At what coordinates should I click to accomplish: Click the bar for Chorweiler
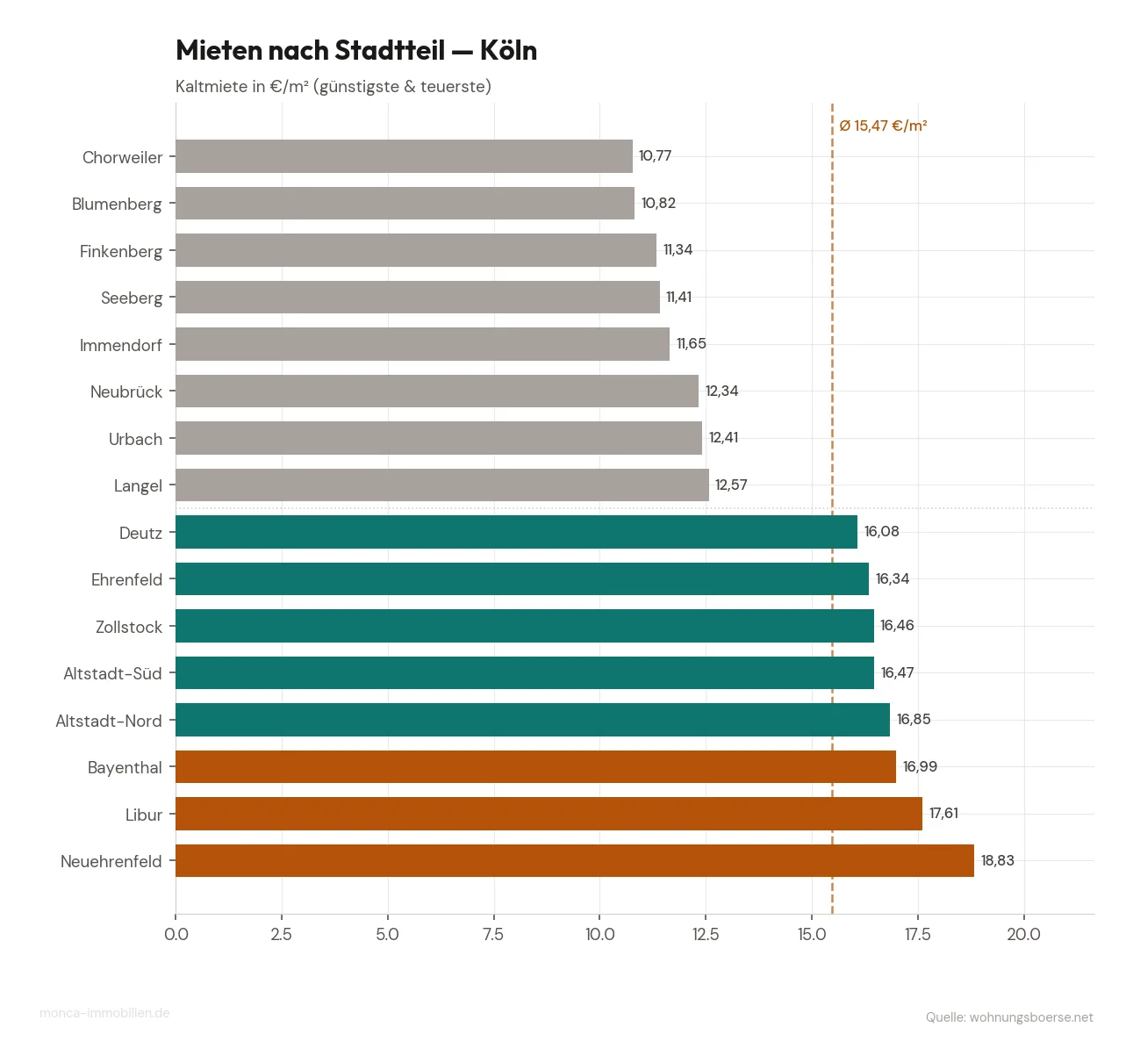[x=404, y=156]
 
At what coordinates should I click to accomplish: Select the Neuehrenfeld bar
[x=575, y=860]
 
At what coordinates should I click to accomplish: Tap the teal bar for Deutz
[x=516, y=532]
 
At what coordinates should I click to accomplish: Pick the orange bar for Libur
[x=549, y=814]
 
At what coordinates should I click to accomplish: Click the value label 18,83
[x=997, y=860]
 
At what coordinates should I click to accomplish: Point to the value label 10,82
[x=658, y=203]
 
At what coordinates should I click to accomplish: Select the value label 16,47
[x=897, y=672]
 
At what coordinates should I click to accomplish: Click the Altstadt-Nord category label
[x=109, y=721]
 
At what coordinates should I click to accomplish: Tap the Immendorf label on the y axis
[x=121, y=345]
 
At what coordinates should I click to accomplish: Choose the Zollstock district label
[x=129, y=627]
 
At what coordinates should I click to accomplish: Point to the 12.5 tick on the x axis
[x=706, y=934]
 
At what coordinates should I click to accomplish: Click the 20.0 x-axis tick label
[x=1023, y=934]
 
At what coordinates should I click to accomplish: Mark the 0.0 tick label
[x=176, y=934]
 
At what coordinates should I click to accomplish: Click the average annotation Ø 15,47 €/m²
[x=883, y=126]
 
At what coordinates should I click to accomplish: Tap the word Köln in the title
[x=508, y=50]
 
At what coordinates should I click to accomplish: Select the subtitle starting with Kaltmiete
[x=333, y=86]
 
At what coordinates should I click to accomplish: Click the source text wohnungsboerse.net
[x=1030, y=1017]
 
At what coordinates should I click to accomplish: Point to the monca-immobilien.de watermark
[x=104, y=1013]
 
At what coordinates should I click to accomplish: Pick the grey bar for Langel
[x=442, y=485]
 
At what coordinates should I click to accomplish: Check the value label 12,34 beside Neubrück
[x=721, y=391]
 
